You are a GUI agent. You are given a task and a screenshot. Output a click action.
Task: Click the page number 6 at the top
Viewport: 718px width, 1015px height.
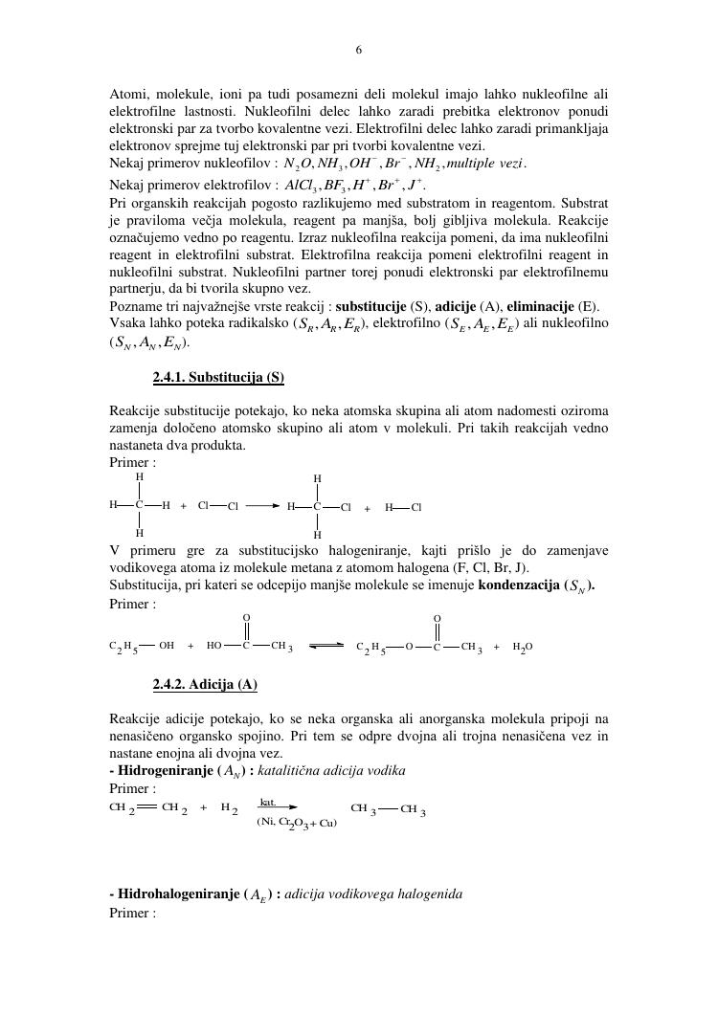pos(359,51)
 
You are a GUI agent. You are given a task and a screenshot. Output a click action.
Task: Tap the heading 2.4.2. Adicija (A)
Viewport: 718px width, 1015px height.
pos(204,684)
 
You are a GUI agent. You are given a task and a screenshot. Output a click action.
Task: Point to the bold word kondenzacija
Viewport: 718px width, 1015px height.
pos(518,585)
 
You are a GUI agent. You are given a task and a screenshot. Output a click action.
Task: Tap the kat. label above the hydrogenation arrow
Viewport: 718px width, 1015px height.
pos(269,803)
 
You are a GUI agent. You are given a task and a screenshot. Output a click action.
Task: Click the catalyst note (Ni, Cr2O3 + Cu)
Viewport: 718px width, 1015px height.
pos(297,823)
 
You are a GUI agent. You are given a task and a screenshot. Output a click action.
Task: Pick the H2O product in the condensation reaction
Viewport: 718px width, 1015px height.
pos(523,647)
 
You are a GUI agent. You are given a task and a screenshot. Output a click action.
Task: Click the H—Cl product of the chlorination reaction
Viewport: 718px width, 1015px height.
pos(403,508)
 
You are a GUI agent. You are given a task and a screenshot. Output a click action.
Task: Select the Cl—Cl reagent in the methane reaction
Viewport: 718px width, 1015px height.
pos(218,506)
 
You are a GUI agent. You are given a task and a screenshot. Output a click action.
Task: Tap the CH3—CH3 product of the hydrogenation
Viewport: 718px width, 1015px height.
pos(388,809)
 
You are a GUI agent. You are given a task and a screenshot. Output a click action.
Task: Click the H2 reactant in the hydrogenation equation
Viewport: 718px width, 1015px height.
pos(229,808)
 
